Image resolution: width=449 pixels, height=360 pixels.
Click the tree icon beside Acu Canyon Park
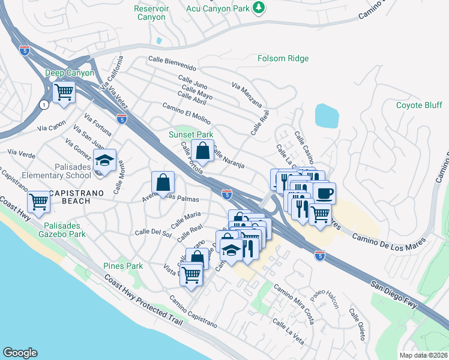tap(259, 7)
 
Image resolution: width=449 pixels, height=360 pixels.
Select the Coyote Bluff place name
tap(418, 105)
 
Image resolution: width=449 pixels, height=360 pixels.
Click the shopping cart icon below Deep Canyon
tap(64, 93)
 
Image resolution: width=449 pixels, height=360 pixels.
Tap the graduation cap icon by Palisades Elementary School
tap(105, 161)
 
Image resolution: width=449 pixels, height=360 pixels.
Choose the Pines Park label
tap(122, 266)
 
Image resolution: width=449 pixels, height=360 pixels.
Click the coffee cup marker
tap(324, 193)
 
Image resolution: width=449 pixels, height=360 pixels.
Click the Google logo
tap(20, 353)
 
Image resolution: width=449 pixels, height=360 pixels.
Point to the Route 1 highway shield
tap(44, 104)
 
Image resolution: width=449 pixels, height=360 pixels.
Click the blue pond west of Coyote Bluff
tap(327, 116)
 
